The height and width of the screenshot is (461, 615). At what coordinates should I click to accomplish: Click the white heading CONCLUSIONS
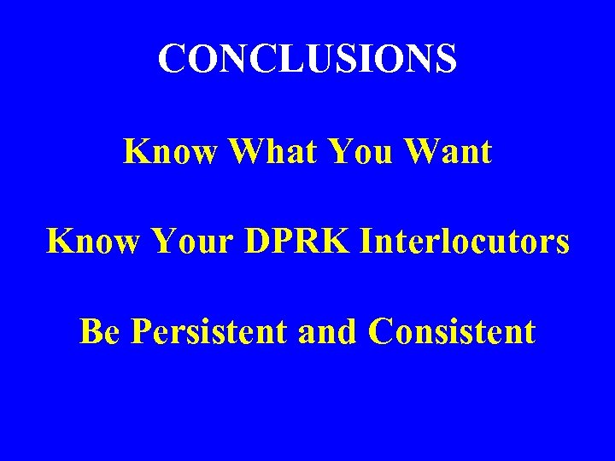pos(307,59)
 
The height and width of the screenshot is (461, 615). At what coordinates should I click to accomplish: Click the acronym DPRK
pos(297,242)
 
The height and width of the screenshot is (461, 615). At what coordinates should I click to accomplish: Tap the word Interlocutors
pos(465,242)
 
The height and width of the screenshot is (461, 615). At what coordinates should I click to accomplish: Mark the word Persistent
pos(208,331)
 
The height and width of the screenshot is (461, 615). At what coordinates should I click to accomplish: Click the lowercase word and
pos(328,331)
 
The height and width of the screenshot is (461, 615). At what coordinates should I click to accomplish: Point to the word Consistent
pos(452,331)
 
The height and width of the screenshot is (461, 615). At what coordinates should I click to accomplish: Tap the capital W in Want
pos(423,152)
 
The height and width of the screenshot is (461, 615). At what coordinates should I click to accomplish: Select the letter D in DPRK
pos(258,242)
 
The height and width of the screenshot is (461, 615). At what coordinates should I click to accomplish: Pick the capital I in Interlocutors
pos(367,242)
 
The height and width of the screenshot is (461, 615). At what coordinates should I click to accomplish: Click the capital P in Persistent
pos(140,331)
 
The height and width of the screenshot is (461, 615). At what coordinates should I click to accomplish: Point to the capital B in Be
pos(90,331)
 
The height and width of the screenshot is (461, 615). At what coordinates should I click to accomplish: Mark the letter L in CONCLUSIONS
pos(286,59)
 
